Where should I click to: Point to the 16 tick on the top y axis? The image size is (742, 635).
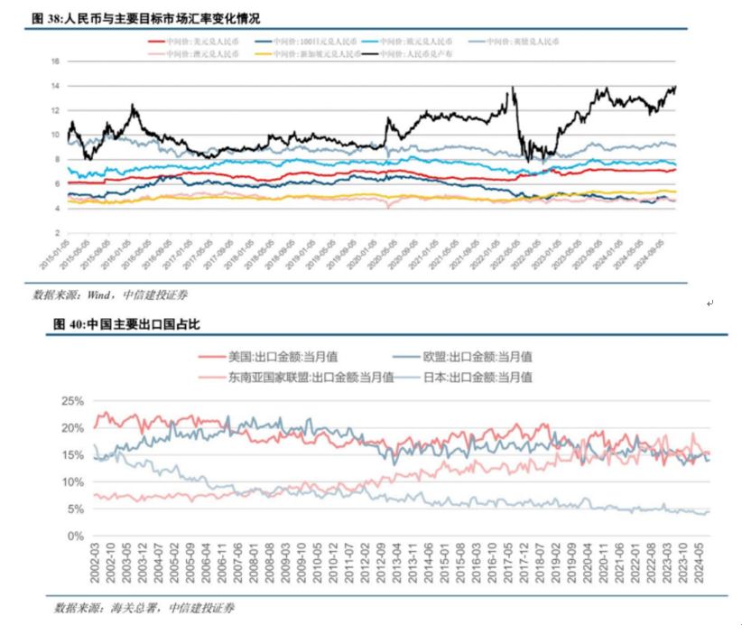pos(54,61)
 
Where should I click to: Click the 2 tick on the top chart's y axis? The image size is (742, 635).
pos(56,232)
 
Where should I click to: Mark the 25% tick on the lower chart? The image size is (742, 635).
pos(71,401)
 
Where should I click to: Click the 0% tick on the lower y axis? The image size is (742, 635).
pos(75,536)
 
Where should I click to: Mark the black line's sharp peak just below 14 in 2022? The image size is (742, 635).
pos(512,88)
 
